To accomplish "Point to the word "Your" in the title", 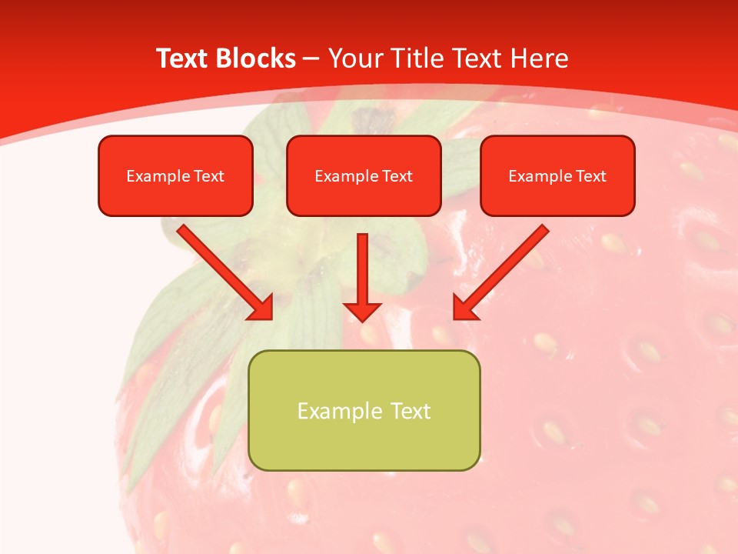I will (355, 58).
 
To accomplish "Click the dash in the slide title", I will (311, 59).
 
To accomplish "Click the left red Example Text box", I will (175, 175).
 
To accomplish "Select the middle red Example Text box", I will (364, 175).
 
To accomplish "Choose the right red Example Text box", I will (557, 175).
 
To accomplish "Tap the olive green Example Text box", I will (364, 410).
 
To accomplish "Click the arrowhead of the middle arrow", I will (362, 311).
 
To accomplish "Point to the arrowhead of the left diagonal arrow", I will (261, 308).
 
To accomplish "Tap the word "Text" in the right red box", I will (590, 176).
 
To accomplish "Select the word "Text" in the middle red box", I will (397, 176).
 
